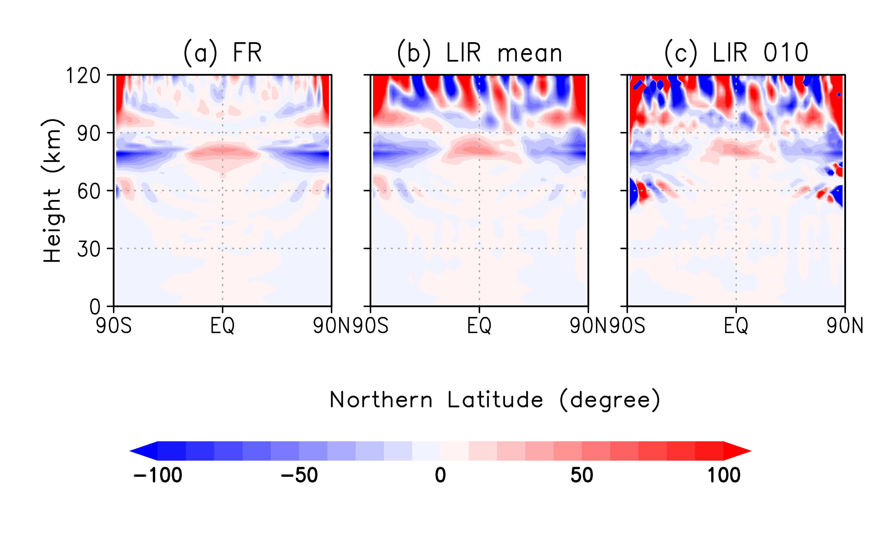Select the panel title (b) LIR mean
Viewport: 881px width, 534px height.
(479, 53)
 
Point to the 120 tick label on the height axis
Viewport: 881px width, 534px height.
(83, 76)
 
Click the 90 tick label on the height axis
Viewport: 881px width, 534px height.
(89, 134)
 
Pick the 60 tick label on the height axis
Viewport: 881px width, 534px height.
(89, 191)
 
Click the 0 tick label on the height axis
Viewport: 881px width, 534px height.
(95, 307)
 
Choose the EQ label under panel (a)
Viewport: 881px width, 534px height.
(222, 326)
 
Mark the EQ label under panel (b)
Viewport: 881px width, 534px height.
(479, 326)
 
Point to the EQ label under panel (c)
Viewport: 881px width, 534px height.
(736, 326)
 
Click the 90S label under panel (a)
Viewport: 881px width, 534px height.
(114, 326)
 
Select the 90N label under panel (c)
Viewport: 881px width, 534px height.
(844, 326)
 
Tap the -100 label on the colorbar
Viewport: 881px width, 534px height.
(158, 475)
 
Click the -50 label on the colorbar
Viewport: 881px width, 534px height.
(299, 475)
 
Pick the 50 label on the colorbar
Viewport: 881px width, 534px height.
(582, 475)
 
